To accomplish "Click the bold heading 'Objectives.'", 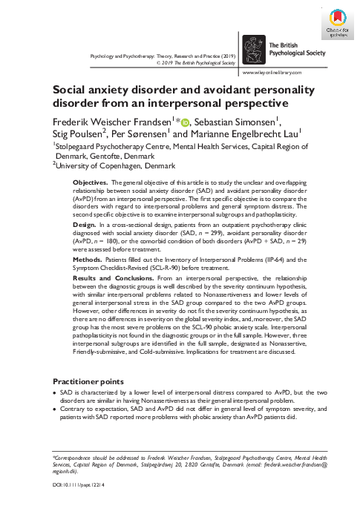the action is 91,161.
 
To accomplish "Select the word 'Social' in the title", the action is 70,89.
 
